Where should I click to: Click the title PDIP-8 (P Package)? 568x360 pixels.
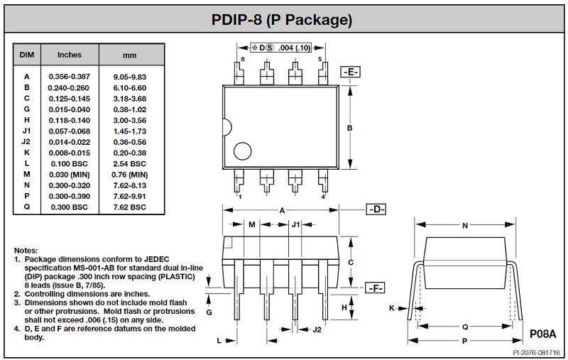(282, 20)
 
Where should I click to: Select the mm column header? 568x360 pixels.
(130, 55)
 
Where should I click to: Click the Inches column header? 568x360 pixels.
(69, 55)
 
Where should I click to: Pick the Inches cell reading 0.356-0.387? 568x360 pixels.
(69, 77)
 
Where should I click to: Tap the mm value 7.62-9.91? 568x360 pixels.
(130, 196)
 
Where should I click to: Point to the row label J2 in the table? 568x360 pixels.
(26, 141)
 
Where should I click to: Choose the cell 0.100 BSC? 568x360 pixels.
(69, 164)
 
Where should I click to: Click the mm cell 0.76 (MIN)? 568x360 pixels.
(130, 175)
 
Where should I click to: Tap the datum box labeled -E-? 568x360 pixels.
(350, 72)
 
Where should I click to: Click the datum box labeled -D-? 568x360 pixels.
(376, 209)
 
